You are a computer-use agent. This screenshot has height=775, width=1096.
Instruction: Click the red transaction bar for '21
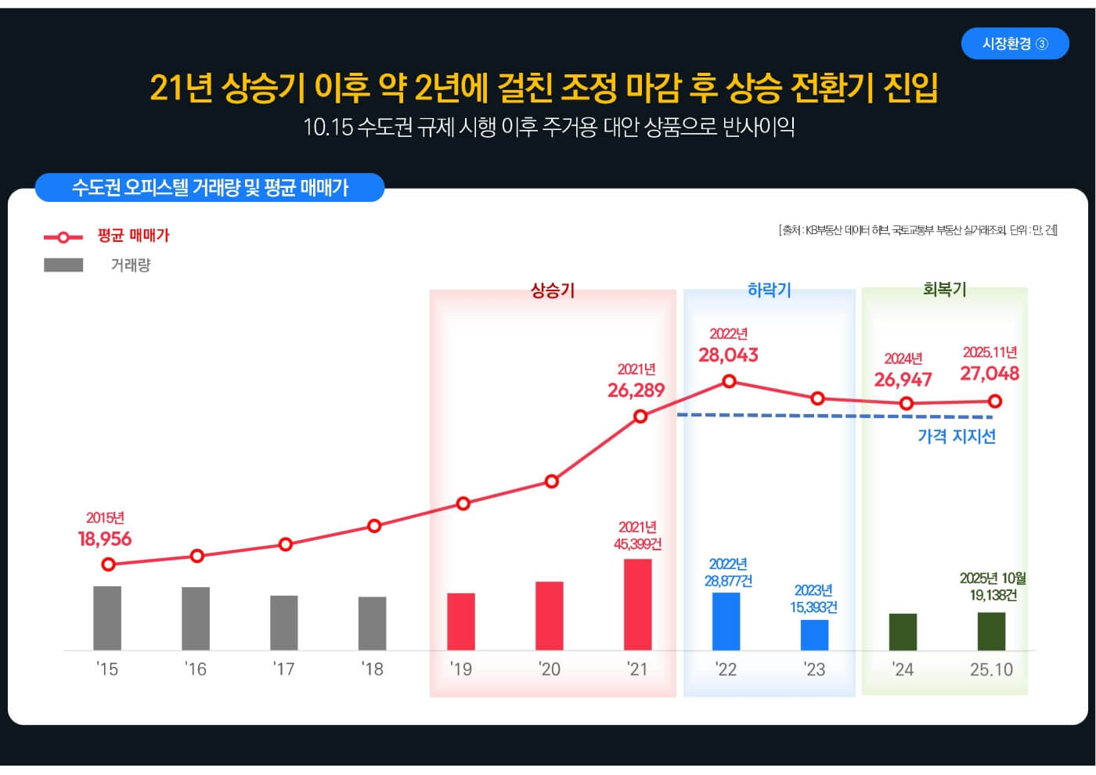[637, 604]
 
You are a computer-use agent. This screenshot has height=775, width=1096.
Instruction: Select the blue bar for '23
[814, 635]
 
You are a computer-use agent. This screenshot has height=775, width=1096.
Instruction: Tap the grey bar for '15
[107, 618]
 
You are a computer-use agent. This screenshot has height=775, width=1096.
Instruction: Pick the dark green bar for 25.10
[991, 631]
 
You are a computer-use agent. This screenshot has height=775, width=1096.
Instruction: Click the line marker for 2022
[729, 381]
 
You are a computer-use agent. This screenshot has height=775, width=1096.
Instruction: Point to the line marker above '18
[374, 526]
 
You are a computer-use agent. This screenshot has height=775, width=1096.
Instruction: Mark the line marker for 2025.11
[995, 402]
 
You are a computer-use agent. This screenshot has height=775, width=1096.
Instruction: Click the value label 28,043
[728, 355]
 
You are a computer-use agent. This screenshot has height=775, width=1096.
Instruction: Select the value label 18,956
[105, 539]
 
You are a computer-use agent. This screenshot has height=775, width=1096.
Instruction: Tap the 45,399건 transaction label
[637, 544]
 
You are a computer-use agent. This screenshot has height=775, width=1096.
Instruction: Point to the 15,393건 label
[813, 607]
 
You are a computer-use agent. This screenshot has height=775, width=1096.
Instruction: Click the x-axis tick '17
[283, 669]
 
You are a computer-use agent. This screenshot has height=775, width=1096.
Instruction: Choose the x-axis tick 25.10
[991, 670]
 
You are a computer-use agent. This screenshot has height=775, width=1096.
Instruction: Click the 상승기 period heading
[553, 290]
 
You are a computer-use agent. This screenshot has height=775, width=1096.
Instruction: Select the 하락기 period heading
[769, 290]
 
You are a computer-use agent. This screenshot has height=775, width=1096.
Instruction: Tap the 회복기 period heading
[944, 290]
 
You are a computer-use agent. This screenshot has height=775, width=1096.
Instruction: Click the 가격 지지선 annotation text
[956, 437]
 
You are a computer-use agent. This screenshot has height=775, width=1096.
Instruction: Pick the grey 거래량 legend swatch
[63, 265]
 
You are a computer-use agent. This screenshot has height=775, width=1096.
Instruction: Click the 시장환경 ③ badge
[1015, 44]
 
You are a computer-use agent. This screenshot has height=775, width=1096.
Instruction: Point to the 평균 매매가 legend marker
[63, 236]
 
